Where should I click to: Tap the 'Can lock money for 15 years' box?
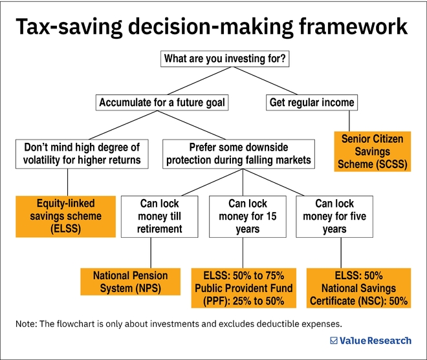pos(247,217)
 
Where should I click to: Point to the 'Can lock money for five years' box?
pos(334,217)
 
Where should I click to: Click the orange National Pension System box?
pos(130,282)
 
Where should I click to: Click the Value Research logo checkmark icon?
pos(334,341)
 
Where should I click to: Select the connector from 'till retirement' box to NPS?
pos(151,253)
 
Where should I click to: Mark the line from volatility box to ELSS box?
pos(67,182)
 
